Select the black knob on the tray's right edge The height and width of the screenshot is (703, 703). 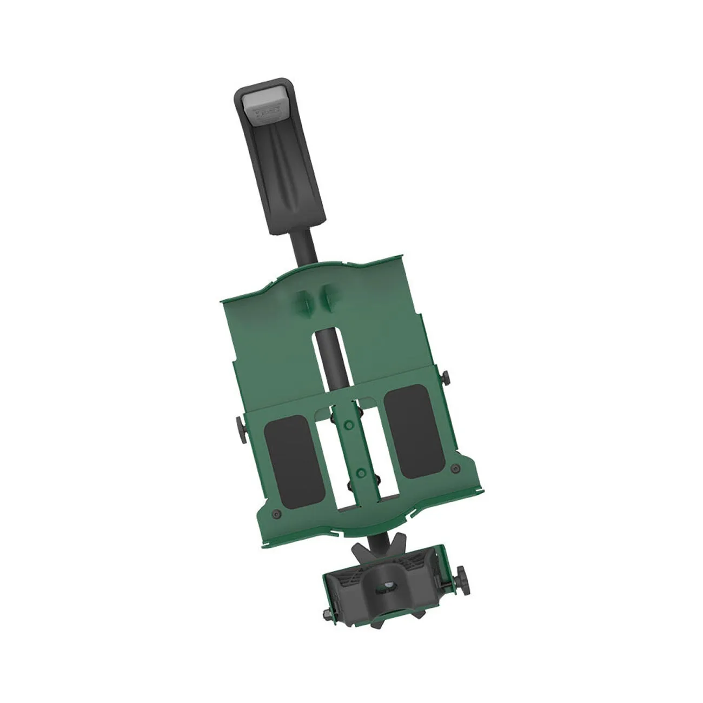pos(446,376)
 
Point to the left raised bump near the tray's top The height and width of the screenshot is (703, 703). pos(302,299)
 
